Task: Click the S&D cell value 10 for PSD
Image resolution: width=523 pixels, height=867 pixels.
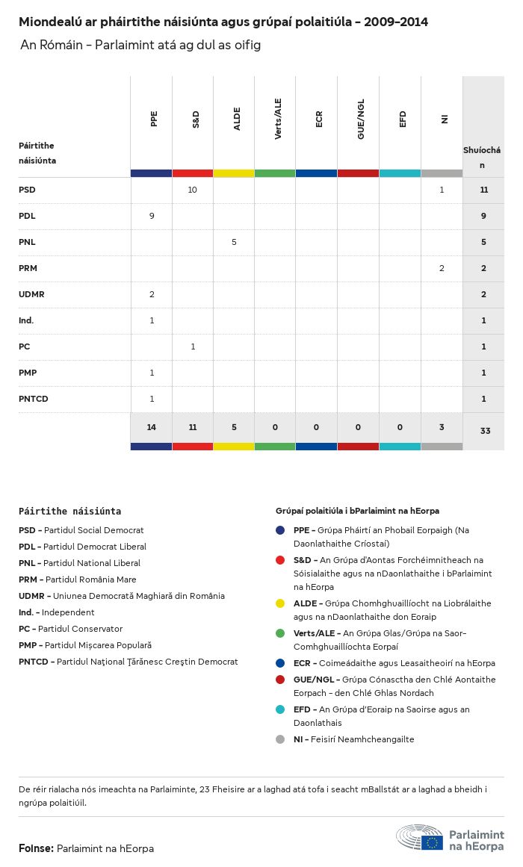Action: (192, 190)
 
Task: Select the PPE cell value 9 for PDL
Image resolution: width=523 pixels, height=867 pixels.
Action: (152, 216)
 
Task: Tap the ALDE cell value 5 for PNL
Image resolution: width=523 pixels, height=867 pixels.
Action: (234, 242)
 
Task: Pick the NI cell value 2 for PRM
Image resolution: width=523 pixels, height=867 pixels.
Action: (442, 268)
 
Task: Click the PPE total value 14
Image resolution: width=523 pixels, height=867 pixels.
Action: (152, 427)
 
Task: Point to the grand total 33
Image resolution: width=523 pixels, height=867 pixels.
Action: (485, 431)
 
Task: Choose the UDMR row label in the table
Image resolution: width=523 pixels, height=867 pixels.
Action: (31, 294)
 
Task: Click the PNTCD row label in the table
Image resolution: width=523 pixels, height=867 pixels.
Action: (34, 399)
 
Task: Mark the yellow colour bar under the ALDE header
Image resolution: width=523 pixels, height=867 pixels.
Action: (234, 173)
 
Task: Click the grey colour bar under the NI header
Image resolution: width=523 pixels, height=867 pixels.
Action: (442, 173)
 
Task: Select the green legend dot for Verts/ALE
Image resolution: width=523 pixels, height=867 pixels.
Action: (280, 633)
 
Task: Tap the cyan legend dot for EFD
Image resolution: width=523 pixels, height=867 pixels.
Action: (280, 709)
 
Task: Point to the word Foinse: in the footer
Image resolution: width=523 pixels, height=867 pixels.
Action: (36, 848)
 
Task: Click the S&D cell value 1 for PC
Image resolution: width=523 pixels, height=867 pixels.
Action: (192, 347)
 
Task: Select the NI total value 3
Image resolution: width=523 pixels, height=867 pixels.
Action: (442, 427)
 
